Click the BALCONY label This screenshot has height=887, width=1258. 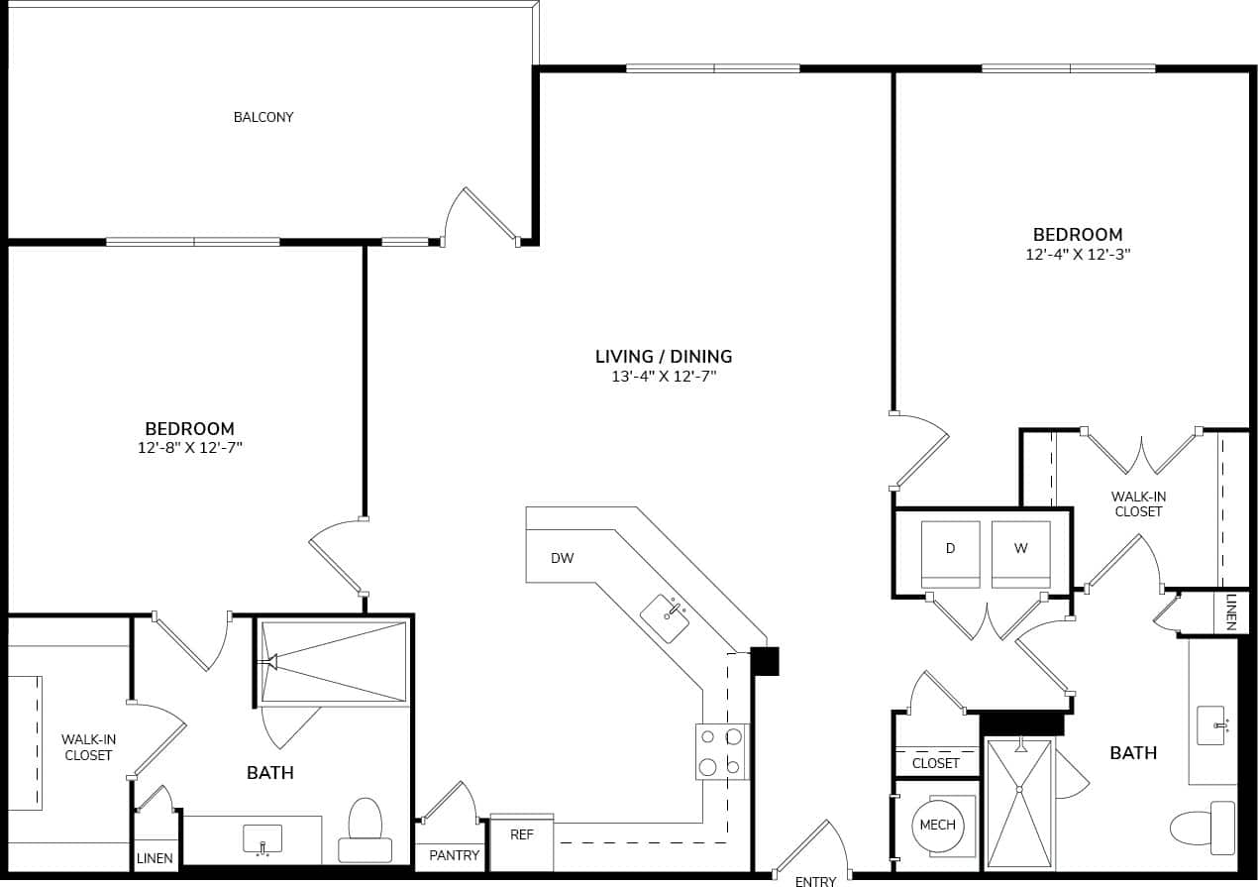pyautogui.click(x=263, y=117)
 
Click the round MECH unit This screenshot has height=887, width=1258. pyautogui.click(x=937, y=826)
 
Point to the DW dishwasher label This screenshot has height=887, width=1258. pyautogui.click(x=562, y=558)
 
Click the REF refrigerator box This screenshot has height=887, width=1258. pyautogui.click(x=522, y=833)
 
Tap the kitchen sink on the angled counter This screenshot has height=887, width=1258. pyautogui.click(x=665, y=618)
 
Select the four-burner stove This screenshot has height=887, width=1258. pyautogui.click(x=721, y=751)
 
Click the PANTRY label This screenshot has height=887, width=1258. pyautogui.click(x=455, y=855)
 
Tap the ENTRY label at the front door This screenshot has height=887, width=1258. pyautogui.click(x=815, y=880)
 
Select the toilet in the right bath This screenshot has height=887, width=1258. pyautogui.click(x=1203, y=827)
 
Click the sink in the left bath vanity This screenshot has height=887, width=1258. pyautogui.click(x=262, y=839)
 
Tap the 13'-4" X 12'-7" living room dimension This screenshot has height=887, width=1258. pyautogui.click(x=664, y=377)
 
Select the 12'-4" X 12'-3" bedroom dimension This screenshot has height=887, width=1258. pyautogui.click(x=1078, y=254)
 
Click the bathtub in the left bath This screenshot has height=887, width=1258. pyautogui.click(x=334, y=662)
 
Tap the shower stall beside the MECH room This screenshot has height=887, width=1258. pyautogui.click(x=1018, y=804)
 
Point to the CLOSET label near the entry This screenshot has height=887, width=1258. pyautogui.click(x=936, y=763)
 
